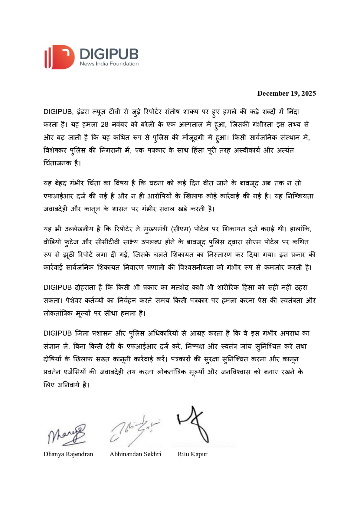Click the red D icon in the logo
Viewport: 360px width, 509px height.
click(60, 57)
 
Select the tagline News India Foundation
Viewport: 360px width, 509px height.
click(109, 64)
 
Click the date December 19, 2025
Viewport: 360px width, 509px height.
click(287, 93)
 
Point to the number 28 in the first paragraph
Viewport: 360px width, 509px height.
click(105, 124)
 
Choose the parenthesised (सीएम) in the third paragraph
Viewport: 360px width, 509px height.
click(181, 229)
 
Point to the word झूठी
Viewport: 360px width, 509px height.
click(69, 255)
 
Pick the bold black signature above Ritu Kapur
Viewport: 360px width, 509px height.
click(194, 425)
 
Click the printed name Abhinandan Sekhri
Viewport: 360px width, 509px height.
click(135, 454)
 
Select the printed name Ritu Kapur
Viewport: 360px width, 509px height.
click(192, 454)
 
